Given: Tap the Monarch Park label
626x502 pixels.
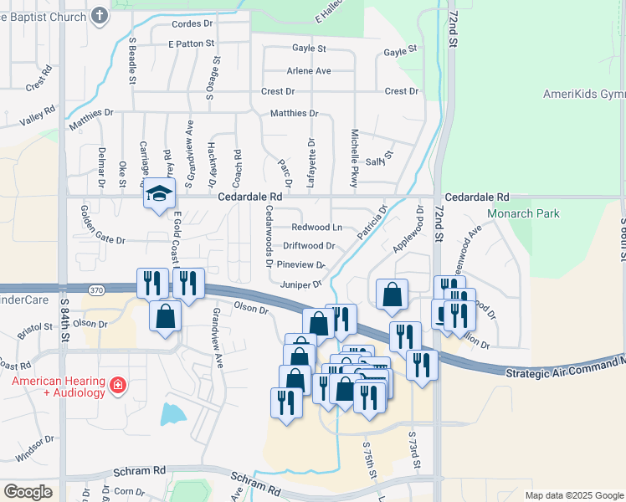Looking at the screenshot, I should [x=523, y=213].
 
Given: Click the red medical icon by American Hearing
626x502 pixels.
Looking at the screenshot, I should [x=119, y=386].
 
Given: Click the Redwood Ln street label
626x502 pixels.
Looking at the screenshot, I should [x=316, y=228].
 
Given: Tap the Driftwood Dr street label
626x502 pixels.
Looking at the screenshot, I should [x=309, y=246].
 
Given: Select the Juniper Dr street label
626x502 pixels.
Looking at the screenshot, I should [x=301, y=284].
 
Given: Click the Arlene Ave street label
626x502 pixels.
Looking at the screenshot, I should [x=308, y=71].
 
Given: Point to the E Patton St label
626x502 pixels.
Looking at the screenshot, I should [x=192, y=43].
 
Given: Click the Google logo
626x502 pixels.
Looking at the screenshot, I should [x=28, y=492].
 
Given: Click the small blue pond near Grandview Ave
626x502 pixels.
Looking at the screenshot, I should [x=173, y=412].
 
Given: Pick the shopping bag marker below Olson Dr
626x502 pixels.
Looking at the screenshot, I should [x=166, y=317].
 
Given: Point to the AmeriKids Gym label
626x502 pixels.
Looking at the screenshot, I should [x=584, y=94].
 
